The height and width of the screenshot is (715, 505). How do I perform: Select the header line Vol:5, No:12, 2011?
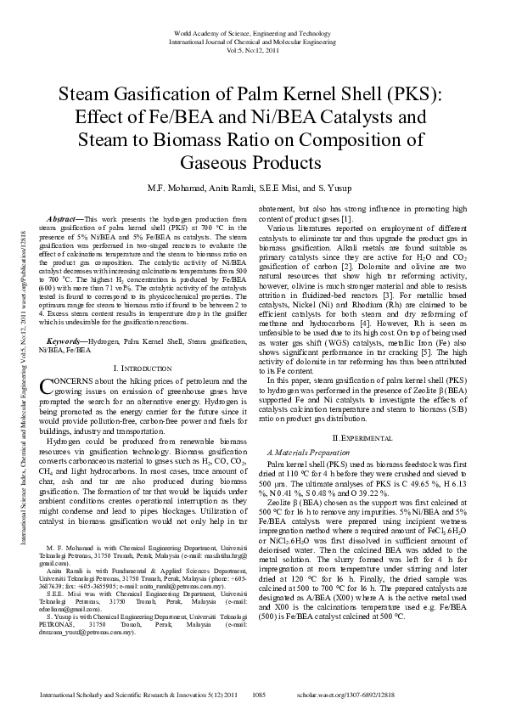[x=251, y=49]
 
